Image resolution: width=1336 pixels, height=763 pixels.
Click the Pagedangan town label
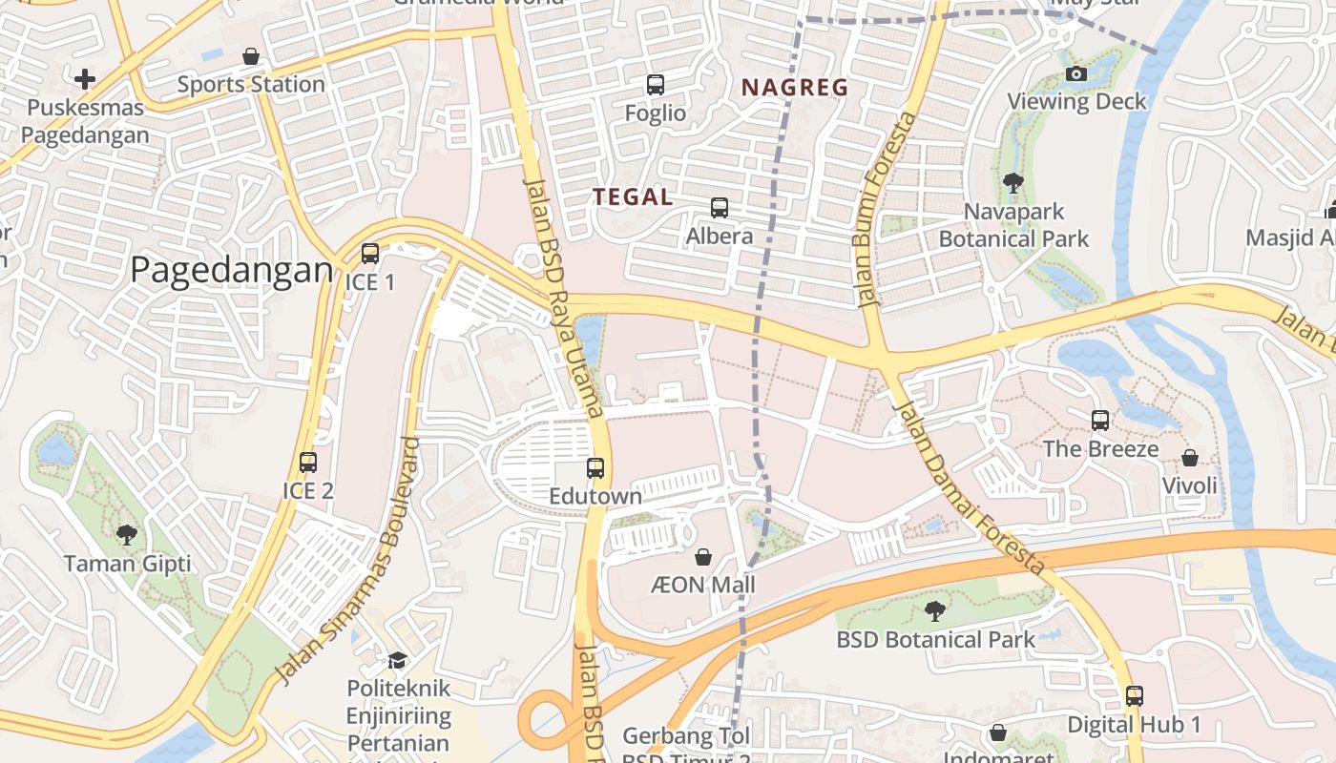(231, 270)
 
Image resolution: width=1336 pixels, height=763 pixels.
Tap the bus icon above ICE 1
(370, 254)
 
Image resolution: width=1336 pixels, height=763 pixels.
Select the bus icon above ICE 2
(308, 463)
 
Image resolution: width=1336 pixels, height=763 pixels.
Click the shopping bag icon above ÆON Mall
(703, 556)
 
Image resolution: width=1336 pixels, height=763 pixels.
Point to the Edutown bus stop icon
(595, 468)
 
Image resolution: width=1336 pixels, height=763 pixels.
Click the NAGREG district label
(795, 88)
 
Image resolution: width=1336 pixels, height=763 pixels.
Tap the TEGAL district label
(633, 197)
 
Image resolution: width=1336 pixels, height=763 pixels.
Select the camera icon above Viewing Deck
(1075, 73)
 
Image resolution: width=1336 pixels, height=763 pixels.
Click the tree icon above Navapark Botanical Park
(1013, 182)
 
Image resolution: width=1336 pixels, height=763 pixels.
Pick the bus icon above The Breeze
(1100, 420)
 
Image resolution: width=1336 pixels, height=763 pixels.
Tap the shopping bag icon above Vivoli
(1189, 458)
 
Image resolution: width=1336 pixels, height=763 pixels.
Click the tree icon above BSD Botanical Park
(934, 610)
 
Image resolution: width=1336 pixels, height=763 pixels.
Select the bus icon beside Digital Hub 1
(1134, 696)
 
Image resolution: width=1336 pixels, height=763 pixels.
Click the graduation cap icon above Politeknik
(397, 660)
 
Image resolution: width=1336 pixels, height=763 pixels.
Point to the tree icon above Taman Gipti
(126, 535)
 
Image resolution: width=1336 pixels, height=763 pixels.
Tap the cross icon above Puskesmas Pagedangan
(85, 78)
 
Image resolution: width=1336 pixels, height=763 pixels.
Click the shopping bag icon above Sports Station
(251, 56)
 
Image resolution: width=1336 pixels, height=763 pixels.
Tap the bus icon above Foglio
(655, 85)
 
